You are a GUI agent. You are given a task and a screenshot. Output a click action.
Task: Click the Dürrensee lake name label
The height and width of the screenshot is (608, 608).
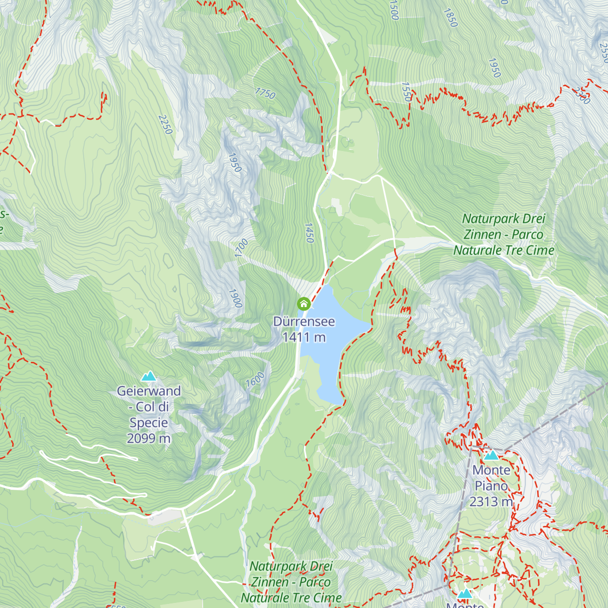click(303, 322)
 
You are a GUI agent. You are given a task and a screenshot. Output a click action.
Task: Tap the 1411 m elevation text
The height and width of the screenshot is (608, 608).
click(303, 337)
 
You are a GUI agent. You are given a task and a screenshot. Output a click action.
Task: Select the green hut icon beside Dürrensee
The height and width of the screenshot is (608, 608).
click(303, 304)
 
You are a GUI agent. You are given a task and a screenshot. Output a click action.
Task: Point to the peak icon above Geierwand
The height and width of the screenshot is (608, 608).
click(148, 376)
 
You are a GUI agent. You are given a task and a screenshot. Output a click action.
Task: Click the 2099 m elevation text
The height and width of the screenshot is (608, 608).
click(148, 438)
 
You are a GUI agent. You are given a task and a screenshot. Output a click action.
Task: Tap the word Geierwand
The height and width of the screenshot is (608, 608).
click(148, 391)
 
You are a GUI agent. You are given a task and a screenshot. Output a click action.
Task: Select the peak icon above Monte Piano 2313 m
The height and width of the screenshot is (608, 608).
click(491, 455)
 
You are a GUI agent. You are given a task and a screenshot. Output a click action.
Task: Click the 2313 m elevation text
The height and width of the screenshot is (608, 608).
click(491, 502)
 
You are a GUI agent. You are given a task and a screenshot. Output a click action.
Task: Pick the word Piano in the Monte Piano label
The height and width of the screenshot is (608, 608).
click(491, 486)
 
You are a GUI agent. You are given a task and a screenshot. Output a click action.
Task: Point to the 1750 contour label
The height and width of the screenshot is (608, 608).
click(265, 93)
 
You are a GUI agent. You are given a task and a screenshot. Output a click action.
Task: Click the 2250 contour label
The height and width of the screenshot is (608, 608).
click(165, 125)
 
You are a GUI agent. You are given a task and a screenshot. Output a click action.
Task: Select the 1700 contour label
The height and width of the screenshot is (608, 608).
click(242, 248)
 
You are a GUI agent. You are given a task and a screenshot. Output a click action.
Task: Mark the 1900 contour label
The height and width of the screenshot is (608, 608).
click(235, 298)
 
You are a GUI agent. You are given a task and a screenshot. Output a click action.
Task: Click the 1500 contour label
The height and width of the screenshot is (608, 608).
click(394, 10)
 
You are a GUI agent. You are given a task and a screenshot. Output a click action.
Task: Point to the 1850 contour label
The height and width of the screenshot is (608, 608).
click(450, 17)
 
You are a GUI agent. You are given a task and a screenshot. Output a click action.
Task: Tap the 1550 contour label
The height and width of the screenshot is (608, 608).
click(406, 92)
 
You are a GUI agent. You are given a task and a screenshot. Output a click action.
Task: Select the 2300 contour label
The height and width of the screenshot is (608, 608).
click(582, 95)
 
